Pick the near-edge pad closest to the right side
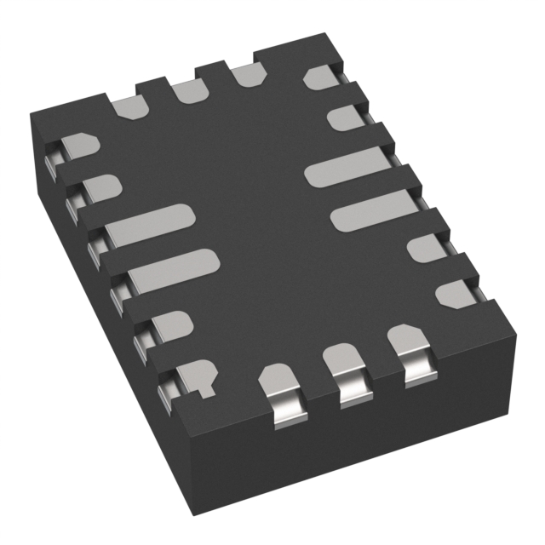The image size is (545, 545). [x=406, y=349]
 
